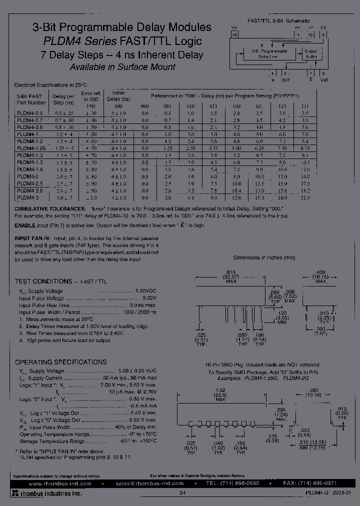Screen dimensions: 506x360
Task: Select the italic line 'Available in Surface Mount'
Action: pos(122,67)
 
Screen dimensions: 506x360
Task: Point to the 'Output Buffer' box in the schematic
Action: pos(310,54)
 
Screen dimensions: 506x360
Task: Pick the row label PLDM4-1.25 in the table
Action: pos(31,148)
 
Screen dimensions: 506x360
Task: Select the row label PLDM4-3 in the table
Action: pos(27,197)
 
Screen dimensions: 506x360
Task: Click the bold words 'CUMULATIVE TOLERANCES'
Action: pos(49,208)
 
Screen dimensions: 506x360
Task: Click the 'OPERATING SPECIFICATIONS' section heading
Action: pos(60,362)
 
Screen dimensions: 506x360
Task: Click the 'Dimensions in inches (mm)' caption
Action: pos(264,257)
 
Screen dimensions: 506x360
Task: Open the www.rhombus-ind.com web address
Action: pos(60,484)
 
